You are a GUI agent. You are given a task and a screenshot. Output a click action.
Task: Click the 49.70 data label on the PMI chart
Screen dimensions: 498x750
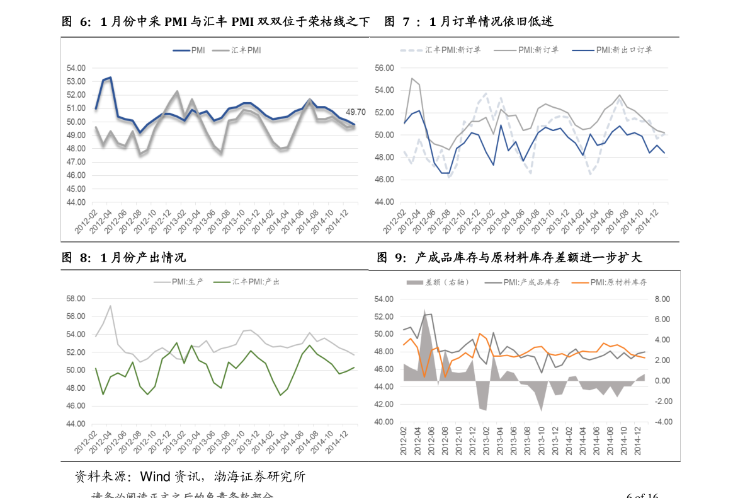356,112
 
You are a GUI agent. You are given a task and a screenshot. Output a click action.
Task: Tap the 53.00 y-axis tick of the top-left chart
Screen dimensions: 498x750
76,81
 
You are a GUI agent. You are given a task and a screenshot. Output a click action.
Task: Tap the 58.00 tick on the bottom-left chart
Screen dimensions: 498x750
76,298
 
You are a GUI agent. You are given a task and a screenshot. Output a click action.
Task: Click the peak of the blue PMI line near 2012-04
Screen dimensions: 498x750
110,78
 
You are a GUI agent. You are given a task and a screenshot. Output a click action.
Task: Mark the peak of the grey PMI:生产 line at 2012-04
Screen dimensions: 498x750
110,306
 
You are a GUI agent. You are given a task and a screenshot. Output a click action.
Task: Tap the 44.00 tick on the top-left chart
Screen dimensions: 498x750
76,202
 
